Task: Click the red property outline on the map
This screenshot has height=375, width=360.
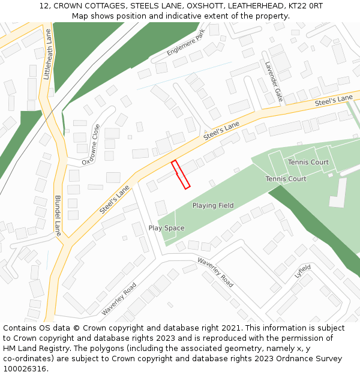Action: tap(181, 175)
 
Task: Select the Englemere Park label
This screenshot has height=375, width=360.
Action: tap(186, 43)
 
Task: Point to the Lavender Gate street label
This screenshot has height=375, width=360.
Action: tap(273, 81)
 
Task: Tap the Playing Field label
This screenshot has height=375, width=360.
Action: tap(213, 206)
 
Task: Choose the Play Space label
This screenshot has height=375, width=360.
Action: tap(166, 228)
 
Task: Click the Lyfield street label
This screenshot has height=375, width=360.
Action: tap(303, 271)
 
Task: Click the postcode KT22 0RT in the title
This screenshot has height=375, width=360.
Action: tap(305, 6)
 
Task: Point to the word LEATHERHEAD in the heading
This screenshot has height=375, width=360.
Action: tap(251, 6)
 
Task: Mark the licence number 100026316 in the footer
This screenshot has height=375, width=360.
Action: tap(25, 369)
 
